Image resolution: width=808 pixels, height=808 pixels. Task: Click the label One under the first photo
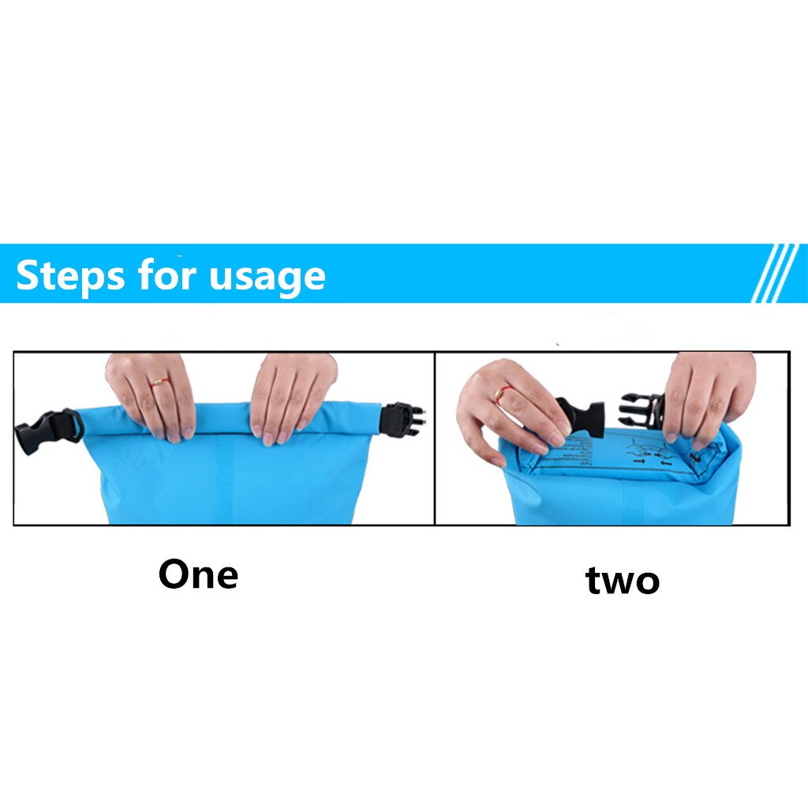pyautogui.click(x=198, y=574)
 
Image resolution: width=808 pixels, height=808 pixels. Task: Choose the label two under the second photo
pyautogui.click(x=622, y=581)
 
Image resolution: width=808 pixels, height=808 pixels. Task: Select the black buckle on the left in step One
pyautogui.click(x=47, y=430)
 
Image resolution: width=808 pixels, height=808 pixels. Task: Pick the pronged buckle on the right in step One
pyautogui.click(x=402, y=418)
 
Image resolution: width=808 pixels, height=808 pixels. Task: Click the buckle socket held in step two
pyautogui.click(x=581, y=417)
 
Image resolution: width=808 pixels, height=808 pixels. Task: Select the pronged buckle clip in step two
pyautogui.click(x=641, y=410)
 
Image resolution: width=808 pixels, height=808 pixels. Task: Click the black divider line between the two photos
pyautogui.click(x=435, y=438)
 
